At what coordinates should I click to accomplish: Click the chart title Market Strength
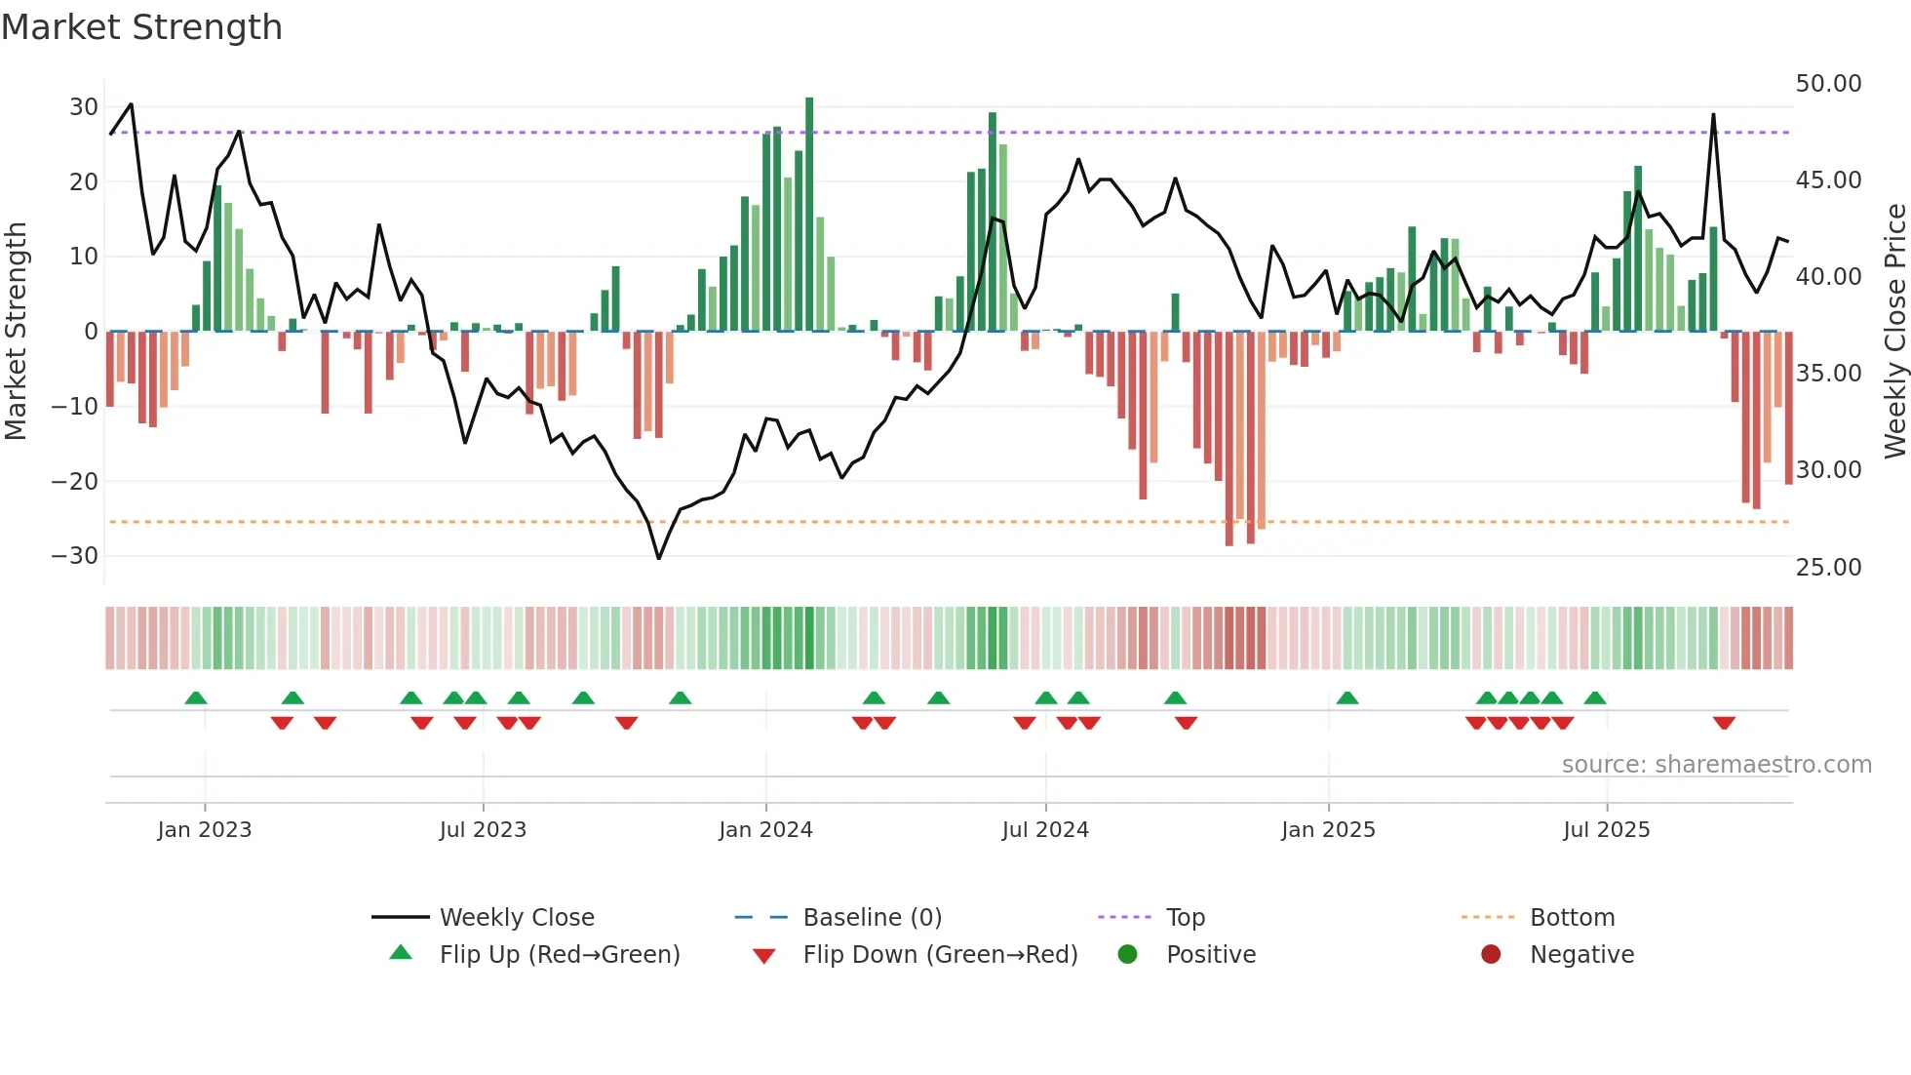141,27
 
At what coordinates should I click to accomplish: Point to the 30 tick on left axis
84,107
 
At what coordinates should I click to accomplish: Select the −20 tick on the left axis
75,481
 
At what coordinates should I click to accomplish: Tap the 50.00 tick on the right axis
1828,84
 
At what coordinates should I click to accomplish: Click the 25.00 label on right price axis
1828,568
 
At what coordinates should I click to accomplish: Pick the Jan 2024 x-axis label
765,830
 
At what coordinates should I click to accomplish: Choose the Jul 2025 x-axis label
1606,830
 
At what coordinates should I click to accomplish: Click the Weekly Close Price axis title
1894,332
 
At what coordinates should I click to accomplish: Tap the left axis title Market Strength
16,332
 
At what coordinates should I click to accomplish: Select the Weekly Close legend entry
517,918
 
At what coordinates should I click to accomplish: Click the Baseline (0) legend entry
872,918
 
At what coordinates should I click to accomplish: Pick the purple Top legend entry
1185,918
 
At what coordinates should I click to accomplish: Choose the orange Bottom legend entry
1572,918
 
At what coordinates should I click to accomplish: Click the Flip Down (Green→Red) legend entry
940,955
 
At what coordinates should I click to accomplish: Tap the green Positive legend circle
1127,955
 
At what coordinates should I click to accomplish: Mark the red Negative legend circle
1491,955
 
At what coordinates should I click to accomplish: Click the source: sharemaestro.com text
1716,765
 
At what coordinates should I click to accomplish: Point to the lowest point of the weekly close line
659,558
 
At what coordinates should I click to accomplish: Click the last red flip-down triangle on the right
1724,723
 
